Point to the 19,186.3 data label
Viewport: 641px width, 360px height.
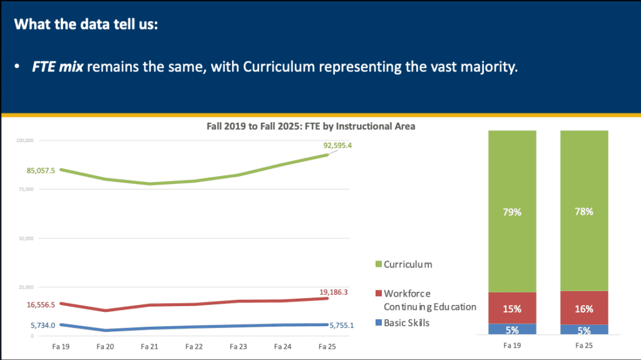point(333,292)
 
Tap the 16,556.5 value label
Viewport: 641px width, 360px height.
point(41,305)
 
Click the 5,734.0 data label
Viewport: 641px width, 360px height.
point(43,325)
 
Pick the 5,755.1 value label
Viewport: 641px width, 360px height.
point(342,325)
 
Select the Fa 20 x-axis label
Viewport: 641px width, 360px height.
point(105,346)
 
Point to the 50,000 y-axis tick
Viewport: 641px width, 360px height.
point(26,239)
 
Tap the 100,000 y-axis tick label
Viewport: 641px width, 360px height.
point(25,141)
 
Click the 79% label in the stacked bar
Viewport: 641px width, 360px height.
point(512,212)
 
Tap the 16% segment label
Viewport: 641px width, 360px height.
point(584,309)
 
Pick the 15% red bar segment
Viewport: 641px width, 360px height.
point(512,308)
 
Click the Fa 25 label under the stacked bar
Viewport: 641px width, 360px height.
point(584,344)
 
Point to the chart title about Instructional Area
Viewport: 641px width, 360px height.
point(311,126)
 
